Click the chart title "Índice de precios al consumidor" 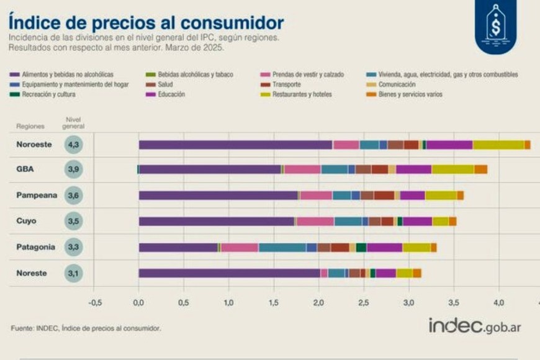click(146, 22)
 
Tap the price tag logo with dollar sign click(496, 25)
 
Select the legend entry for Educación click(172, 94)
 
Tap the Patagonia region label click(36, 247)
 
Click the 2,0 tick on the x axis click(318, 303)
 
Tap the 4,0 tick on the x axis click(498, 303)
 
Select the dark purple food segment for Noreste click(229, 272)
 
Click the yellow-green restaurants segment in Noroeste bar click(498, 145)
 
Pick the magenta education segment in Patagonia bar click(384, 247)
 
